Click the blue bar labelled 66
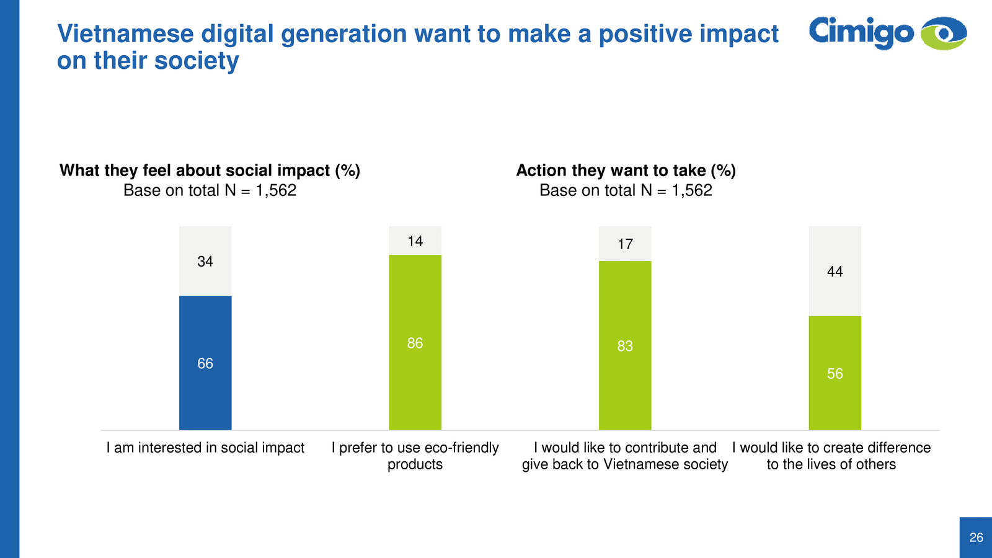click(205, 363)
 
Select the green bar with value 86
click(415, 342)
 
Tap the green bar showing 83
click(625, 345)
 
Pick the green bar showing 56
click(835, 373)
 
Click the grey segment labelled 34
click(205, 261)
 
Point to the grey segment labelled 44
click(835, 272)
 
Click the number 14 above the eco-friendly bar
click(415, 241)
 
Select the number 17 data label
click(625, 244)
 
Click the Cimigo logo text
click(861, 32)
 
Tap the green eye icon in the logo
click(944, 33)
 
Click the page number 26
click(976, 538)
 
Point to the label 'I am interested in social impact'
click(205, 448)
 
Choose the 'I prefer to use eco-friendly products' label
click(415, 456)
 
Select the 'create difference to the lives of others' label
click(831, 456)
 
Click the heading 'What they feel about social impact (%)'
click(210, 170)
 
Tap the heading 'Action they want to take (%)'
click(626, 170)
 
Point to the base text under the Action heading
click(626, 190)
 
